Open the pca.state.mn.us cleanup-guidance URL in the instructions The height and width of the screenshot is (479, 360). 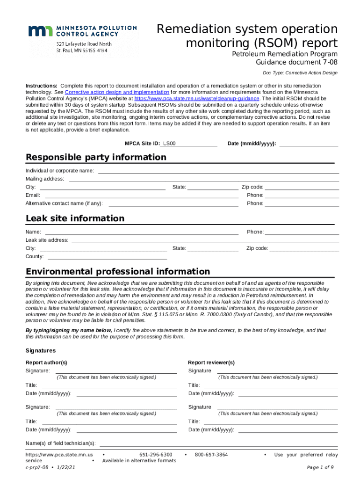coord(196,99)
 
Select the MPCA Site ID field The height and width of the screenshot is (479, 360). coord(196,144)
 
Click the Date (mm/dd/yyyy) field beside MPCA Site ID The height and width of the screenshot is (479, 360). coord(308,144)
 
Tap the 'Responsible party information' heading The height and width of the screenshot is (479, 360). coord(96,157)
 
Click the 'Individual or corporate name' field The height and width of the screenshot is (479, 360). coord(218,171)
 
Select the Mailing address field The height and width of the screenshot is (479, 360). coord(204,179)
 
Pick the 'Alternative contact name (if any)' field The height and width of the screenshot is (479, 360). coord(173,203)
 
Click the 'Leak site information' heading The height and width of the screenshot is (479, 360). coord(75,218)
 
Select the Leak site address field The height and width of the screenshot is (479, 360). coord(205,240)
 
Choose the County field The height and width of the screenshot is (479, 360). coord(107,256)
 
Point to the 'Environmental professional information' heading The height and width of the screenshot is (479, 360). coord(118,272)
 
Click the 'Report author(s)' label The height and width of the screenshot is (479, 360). coord(46,363)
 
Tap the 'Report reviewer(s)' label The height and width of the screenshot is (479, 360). coord(211,363)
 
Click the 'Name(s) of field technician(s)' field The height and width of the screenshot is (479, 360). coord(218,443)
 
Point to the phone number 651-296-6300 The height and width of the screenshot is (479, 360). coord(156,455)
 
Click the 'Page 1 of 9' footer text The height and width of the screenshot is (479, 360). coord(320,467)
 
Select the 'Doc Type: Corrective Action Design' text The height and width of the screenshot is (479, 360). coord(300,73)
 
